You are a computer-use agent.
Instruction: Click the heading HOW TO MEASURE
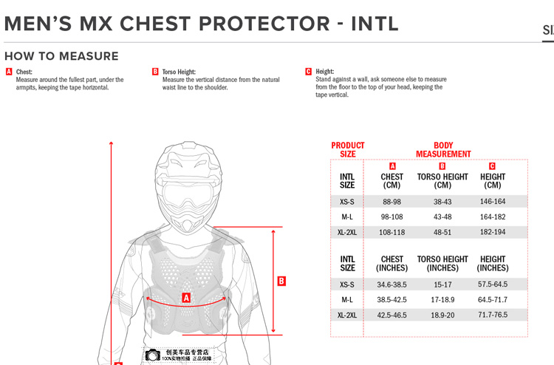point(61,56)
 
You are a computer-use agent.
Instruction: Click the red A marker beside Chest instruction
point(9,72)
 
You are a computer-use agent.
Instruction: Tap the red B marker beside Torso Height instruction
point(155,72)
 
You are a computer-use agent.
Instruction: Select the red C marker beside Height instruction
point(308,72)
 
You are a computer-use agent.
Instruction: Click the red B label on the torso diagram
point(281,281)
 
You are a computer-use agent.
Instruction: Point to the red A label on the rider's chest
point(186,298)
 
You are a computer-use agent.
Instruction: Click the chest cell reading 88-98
point(391,202)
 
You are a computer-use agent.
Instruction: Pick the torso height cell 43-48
point(442,217)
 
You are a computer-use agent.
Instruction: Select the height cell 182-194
point(493,232)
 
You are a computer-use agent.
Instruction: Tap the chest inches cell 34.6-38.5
point(391,284)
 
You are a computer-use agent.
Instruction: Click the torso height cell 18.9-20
point(442,315)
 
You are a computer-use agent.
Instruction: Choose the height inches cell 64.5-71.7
point(493,300)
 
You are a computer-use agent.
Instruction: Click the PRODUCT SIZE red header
point(348,150)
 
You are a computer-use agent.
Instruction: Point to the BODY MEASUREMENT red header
point(443,150)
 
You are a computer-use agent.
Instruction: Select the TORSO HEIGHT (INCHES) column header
point(442,264)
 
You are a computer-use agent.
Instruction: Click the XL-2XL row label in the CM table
point(347,232)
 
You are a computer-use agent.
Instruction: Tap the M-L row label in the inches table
point(347,300)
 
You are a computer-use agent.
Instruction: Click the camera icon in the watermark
point(152,355)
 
